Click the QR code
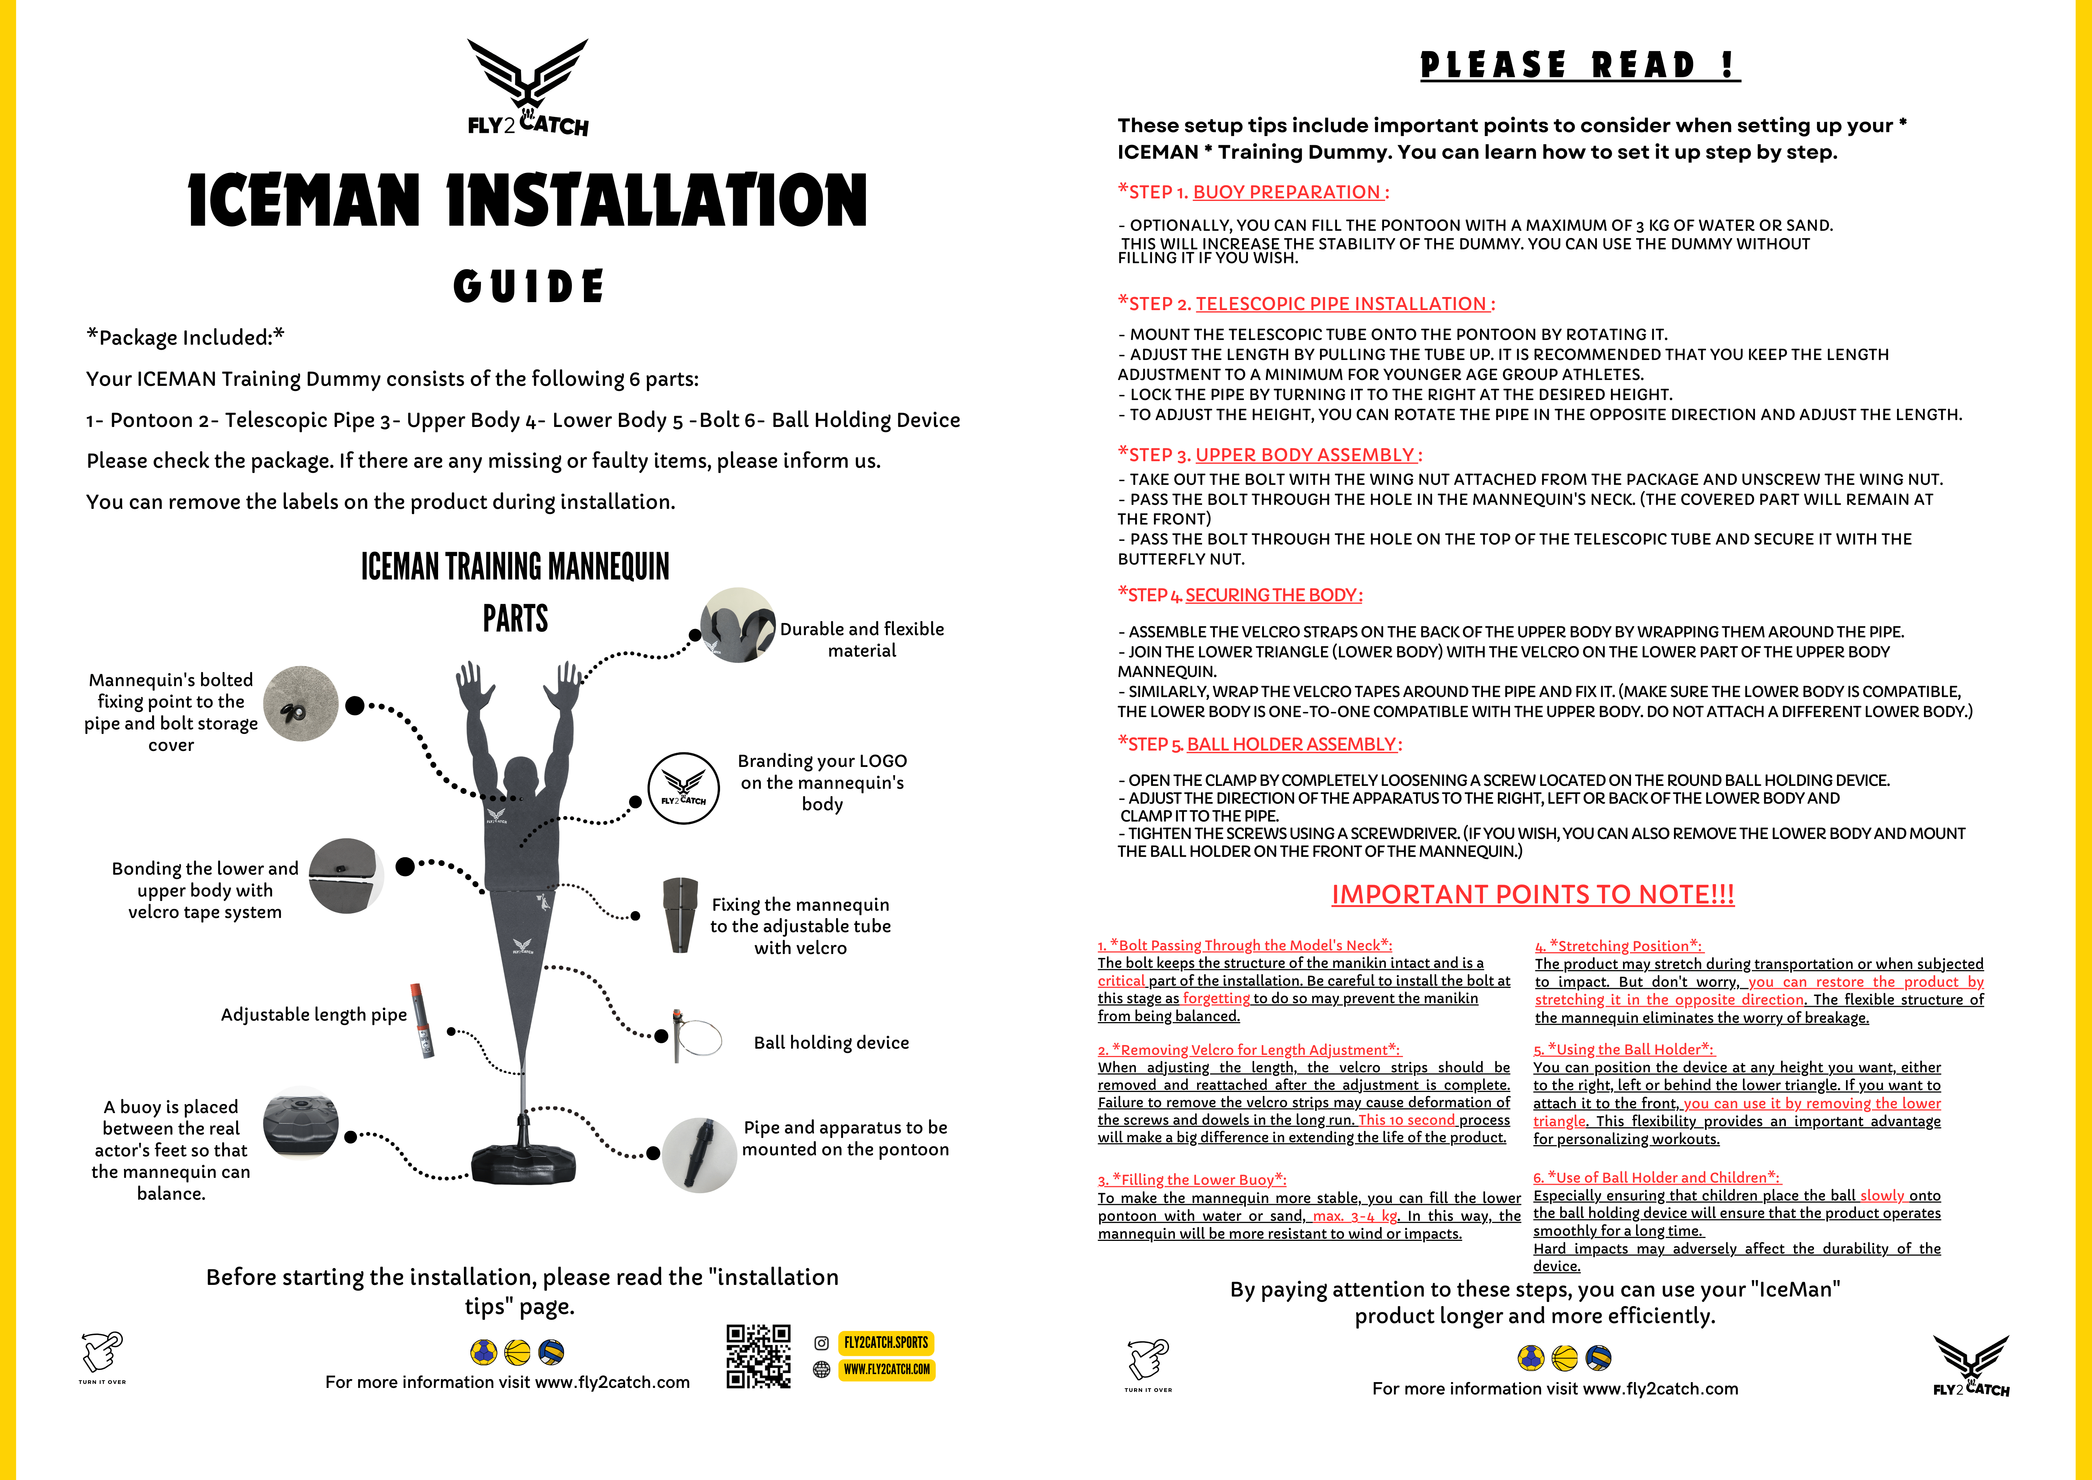pos(758,1356)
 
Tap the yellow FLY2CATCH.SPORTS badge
pos(886,1342)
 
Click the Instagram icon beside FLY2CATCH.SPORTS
pos(821,1343)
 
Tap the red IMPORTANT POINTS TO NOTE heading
pos(1532,894)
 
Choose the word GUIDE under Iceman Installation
pos(529,286)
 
